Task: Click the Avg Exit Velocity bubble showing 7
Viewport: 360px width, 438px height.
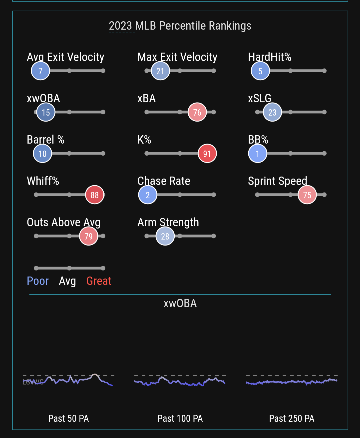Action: coord(40,71)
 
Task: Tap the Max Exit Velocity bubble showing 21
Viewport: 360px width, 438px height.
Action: coord(160,71)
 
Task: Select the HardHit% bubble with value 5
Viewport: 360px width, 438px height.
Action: coord(260,71)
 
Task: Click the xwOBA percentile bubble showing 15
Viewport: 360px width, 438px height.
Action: coord(46,112)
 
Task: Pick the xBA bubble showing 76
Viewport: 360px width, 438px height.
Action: coord(197,112)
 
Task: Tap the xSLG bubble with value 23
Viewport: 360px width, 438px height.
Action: coord(272,112)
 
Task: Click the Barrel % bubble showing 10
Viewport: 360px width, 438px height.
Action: coord(42,153)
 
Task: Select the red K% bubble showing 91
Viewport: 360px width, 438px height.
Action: coord(207,153)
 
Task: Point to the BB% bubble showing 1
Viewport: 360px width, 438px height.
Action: coord(258,153)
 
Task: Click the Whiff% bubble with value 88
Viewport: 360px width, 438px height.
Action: coord(95,195)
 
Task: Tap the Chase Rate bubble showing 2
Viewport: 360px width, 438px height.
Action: coord(148,195)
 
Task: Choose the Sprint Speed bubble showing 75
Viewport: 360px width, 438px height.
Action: coord(307,195)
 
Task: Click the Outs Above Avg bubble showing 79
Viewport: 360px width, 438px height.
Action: coord(88,236)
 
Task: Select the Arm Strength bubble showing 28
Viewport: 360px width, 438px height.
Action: coord(165,236)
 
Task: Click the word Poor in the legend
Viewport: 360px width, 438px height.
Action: coord(38,281)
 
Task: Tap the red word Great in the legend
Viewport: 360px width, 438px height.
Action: coord(99,281)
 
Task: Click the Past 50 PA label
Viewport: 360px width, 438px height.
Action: coord(68,418)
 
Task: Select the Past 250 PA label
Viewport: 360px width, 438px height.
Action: coord(292,418)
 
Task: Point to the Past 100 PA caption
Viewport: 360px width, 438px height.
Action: coord(180,418)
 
